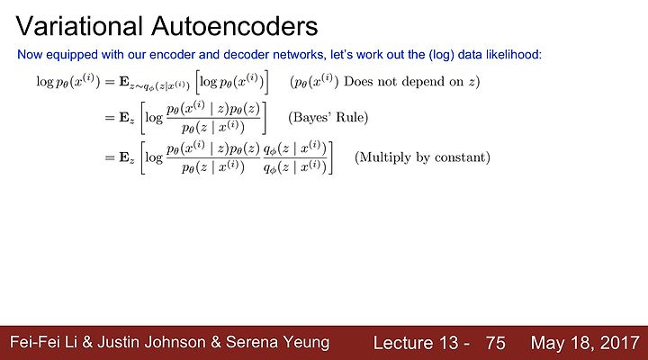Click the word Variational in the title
click(79, 26)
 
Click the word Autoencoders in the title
click(235, 26)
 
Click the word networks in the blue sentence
click(299, 55)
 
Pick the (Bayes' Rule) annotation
click(328, 117)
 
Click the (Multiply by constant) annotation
click(422, 157)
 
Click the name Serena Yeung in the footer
click(278, 342)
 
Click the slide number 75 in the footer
click(496, 343)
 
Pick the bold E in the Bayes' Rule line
click(124, 117)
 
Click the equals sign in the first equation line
click(110, 82)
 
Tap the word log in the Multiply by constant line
click(154, 157)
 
